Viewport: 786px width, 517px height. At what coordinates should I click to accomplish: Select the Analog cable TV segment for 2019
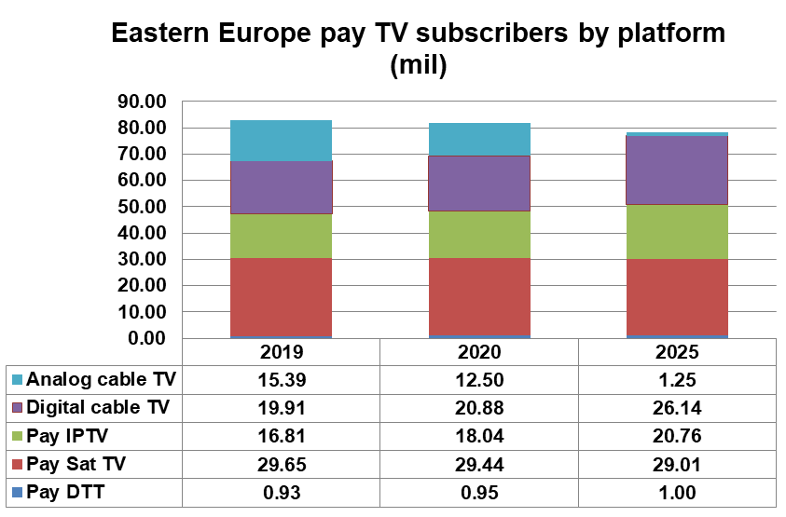[281, 141]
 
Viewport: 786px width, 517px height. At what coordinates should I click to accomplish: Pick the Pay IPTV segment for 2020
[478, 235]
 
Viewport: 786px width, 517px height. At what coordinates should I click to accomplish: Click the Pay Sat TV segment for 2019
[281, 297]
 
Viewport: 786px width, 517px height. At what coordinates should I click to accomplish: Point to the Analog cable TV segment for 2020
[478, 139]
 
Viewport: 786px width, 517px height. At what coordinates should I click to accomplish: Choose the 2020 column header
[479, 352]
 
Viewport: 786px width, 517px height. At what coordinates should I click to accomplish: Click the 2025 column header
[677, 352]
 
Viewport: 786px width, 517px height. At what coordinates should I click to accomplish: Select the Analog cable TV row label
[102, 379]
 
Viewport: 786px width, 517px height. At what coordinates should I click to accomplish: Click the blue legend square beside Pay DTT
[17, 493]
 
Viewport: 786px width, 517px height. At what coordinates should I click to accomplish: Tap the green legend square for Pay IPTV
[17, 436]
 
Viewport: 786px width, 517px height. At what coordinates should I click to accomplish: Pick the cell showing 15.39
[281, 379]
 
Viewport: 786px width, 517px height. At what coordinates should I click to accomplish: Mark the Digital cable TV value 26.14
[677, 407]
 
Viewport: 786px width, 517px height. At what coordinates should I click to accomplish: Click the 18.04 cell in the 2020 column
[479, 436]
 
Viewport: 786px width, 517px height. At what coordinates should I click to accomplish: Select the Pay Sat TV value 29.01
[677, 465]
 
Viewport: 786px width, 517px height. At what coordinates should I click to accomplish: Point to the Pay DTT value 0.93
[281, 493]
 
